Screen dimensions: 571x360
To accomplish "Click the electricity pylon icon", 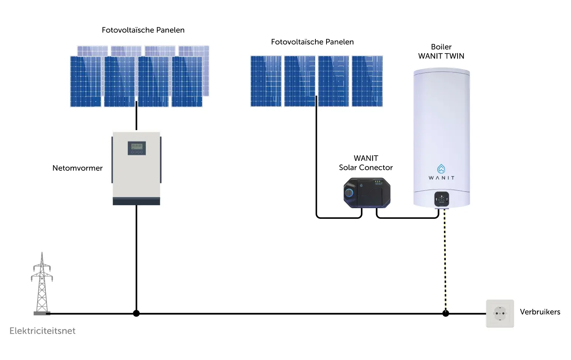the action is [42, 283].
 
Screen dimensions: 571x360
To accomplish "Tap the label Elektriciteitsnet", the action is [42, 331].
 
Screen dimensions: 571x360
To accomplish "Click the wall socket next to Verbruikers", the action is [500, 313].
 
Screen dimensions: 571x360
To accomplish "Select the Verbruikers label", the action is [540, 312].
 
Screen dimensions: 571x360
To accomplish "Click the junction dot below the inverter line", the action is [136, 313].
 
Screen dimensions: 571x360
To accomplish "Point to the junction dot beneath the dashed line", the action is [445, 313].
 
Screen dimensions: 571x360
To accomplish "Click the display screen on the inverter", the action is [137, 146].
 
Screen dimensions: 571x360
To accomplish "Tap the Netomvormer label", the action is [78, 168].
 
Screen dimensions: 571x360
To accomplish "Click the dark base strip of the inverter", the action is [136, 201].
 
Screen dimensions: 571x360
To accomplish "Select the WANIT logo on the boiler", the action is [441, 173].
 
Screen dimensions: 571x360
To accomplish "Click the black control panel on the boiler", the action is [441, 199].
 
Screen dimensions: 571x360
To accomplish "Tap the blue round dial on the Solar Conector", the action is [348, 193].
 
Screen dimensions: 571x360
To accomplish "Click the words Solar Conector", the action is [366, 167].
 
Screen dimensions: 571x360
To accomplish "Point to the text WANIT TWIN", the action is [441, 56].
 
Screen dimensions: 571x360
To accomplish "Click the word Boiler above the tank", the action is [441, 47].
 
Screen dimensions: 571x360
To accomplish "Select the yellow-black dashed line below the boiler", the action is [445, 260].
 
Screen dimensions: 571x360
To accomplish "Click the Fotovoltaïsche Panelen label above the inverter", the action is [143, 30].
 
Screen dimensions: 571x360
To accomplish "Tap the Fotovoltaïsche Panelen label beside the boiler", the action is [312, 42].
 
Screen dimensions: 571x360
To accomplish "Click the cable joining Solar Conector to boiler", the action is [408, 218].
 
